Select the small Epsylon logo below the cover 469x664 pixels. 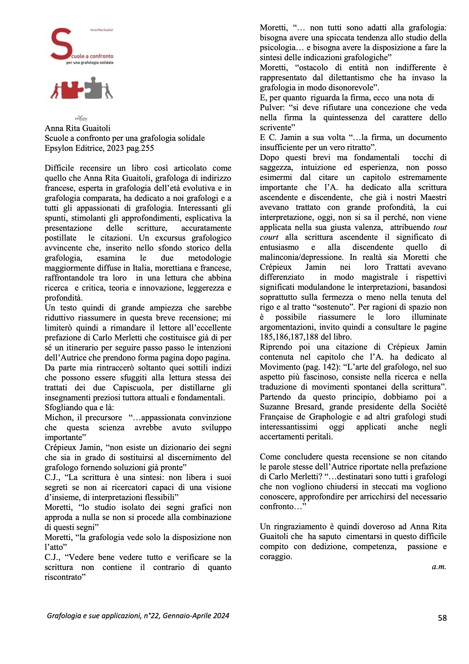pyautogui.click(x=81, y=118)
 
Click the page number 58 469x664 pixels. pyautogui.click(x=442, y=618)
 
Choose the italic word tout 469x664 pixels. pyautogui.click(x=440, y=227)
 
